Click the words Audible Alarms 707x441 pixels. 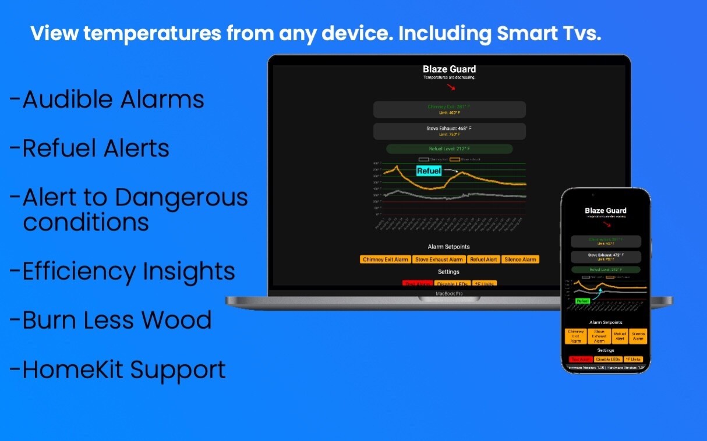coord(113,99)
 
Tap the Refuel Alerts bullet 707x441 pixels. coord(96,148)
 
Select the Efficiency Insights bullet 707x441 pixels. coord(129,271)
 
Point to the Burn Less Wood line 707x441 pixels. coord(116,320)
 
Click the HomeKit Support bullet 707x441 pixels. coord(123,369)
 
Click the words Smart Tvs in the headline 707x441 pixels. coord(548,33)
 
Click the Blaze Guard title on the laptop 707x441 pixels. coord(449,69)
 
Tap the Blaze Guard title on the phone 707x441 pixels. coord(606,211)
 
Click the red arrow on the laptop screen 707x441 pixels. coord(451,88)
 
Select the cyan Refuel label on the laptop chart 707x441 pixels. coord(429,171)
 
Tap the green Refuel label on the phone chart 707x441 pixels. coord(583,301)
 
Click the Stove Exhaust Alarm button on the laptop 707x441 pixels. coord(439,259)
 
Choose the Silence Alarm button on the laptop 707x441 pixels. coord(520,259)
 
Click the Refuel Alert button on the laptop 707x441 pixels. coord(483,259)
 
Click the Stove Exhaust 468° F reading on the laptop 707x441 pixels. coord(449,128)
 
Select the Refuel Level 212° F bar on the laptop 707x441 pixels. coord(449,149)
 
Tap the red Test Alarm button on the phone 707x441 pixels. coord(579,360)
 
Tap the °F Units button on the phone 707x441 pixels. coord(634,360)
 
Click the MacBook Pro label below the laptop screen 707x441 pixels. coord(449,294)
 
